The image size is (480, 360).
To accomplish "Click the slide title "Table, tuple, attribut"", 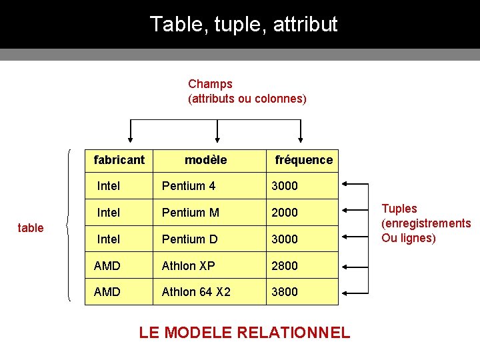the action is click(243, 25).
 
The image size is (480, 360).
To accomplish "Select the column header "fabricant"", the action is click(119, 160).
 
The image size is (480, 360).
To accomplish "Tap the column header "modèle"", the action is click(205, 160).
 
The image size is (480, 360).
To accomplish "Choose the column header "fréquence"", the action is click(303, 160).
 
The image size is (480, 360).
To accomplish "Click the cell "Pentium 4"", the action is click(189, 186).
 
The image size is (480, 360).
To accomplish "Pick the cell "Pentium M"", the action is click(190, 213).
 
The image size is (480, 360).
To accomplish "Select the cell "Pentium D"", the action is click(190, 239).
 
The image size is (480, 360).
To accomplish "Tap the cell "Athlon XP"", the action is click(189, 265).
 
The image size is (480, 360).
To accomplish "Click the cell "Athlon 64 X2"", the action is click(196, 292).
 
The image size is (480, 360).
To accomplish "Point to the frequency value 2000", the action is click(285, 213).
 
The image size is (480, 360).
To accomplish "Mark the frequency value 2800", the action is click(285, 265).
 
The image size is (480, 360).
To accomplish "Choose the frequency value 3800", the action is click(285, 292).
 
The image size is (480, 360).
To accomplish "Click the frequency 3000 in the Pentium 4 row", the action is click(285, 186).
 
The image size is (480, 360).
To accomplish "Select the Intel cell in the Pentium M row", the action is click(109, 213).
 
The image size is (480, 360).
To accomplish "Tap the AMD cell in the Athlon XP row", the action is click(107, 265).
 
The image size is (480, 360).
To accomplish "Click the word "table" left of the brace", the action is click(31, 228).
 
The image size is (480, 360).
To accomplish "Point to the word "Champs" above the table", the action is click(210, 84).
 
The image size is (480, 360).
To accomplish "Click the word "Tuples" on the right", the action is click(399, 209).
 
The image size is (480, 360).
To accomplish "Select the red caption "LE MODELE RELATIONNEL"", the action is click(244, 333).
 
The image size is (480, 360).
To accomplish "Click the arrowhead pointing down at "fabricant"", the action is click(130, 140).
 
